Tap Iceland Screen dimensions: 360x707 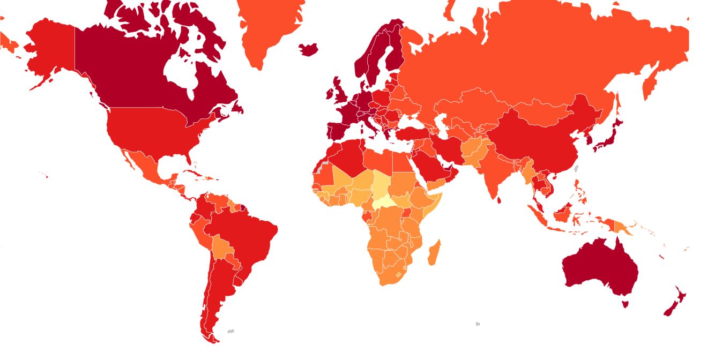[x=308, y=49]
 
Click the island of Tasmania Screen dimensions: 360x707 [x=624, y=304]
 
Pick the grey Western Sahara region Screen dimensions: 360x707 [x=320, y=167]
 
